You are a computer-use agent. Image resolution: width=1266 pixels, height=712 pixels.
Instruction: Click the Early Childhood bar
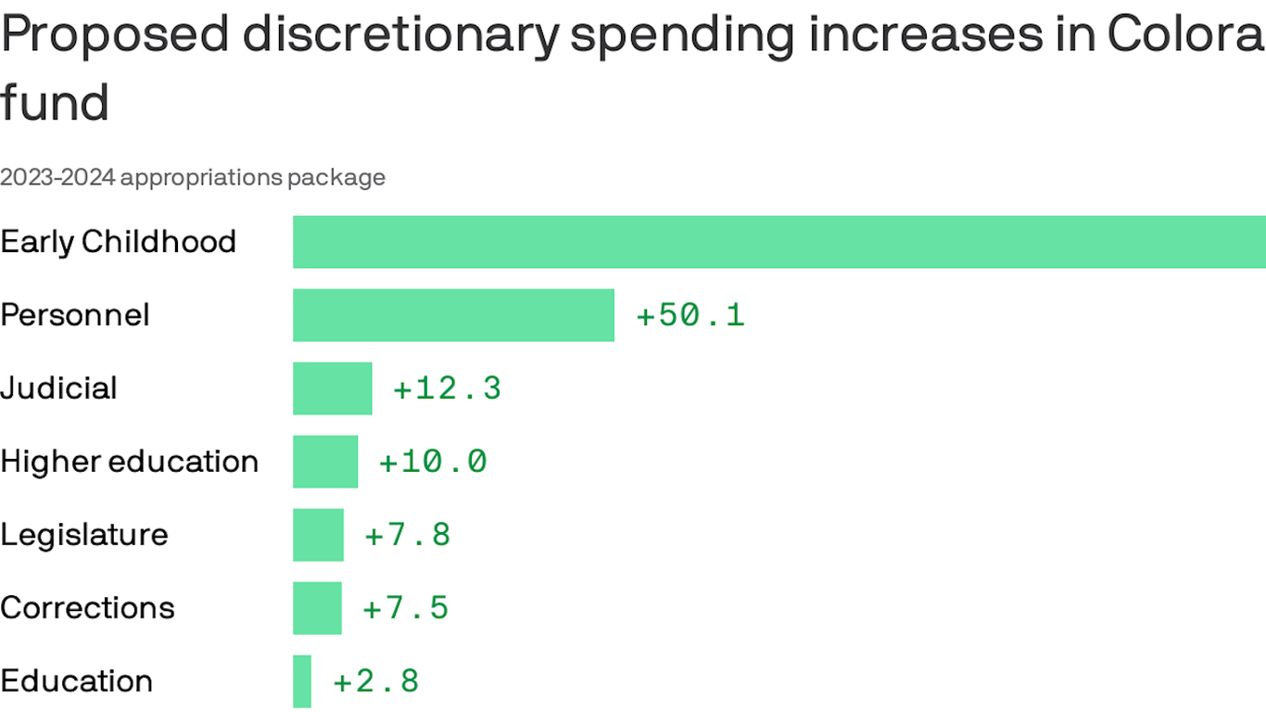tap(779, 242)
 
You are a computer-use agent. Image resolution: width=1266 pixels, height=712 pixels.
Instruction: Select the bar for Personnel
tap(453, 315)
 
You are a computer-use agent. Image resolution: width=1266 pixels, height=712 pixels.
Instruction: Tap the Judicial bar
tap(332, 388)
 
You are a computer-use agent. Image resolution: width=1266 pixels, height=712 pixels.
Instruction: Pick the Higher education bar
tap(325, 462)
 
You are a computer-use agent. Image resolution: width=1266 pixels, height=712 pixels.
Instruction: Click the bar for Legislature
tap(318, 535)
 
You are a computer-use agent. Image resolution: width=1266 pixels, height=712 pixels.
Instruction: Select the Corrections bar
tap(317, 608)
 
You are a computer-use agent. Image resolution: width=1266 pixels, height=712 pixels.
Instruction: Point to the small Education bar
tap(302, 681)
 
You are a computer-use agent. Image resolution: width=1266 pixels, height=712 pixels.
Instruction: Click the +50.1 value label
tap(690, 315)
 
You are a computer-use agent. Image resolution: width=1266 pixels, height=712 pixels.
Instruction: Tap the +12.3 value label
tap(448, 388)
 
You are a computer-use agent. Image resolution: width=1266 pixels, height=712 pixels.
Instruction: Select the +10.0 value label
tap(433, 462)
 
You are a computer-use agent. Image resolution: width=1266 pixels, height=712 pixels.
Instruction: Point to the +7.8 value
tap(408, 535)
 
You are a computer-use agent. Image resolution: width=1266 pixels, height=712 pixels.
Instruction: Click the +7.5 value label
tap(406, 608)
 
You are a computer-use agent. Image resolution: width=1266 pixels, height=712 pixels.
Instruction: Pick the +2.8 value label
tap(376, 681)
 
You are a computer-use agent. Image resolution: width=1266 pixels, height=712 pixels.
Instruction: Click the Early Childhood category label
tap(119, 242)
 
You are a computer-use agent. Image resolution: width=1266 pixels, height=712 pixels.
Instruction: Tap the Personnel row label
tap(75, 315)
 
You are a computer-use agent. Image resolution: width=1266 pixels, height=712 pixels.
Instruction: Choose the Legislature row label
tap(84, 535)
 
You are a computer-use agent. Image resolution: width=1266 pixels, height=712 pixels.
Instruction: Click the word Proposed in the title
tap(115, 35)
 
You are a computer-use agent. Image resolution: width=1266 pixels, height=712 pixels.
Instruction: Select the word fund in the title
tap(55, 102)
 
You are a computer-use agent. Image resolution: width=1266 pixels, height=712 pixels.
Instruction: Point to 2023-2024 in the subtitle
tap(57, 177)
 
